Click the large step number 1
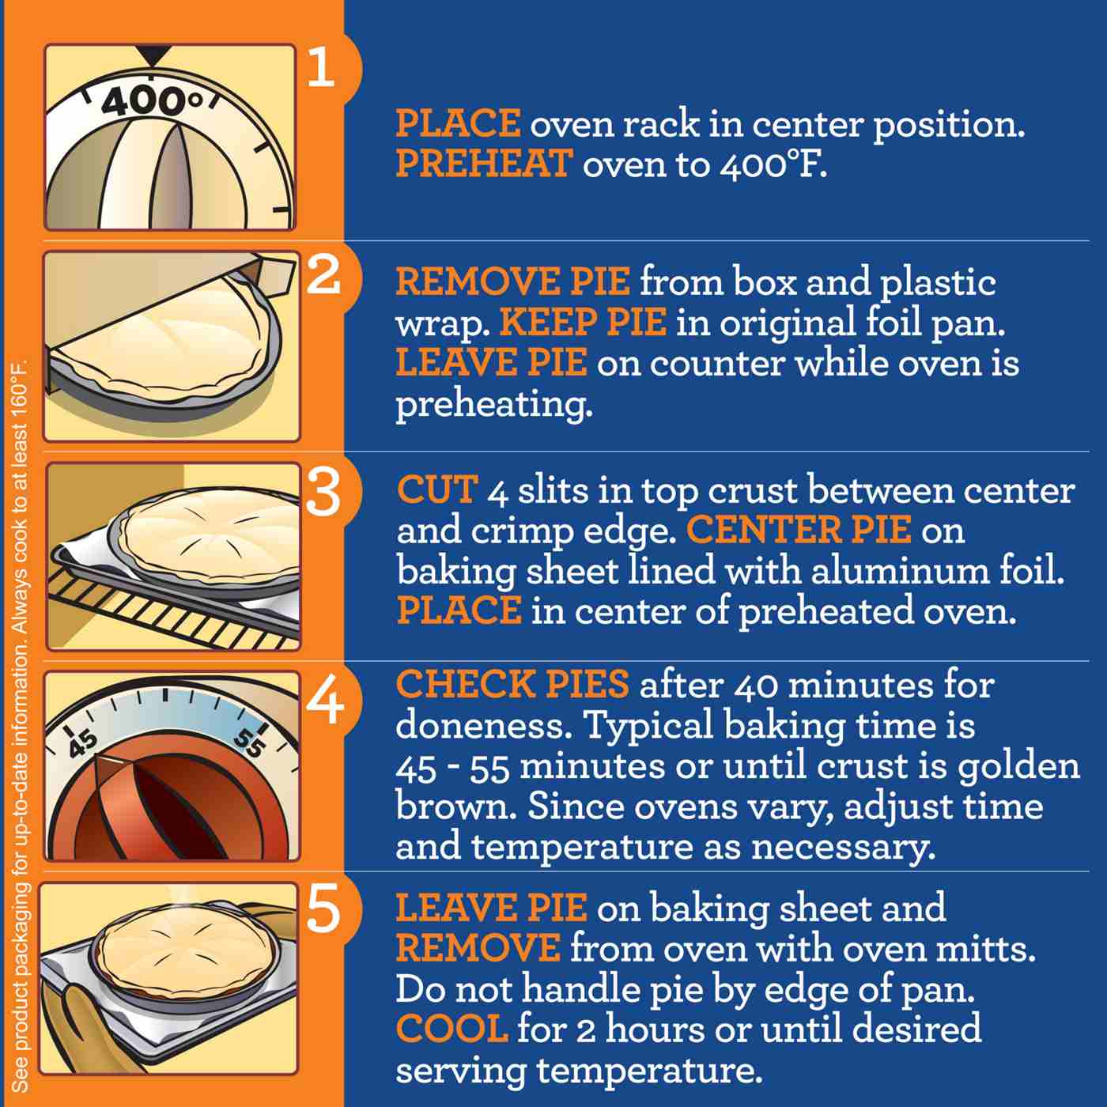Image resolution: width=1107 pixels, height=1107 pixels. point(321,68)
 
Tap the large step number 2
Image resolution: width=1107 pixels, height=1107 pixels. point(322,274)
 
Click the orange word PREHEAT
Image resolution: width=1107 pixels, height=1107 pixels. point(483,164)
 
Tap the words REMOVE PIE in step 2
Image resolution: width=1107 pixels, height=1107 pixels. point(512,282)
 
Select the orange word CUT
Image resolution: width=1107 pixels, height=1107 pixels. point(437,490)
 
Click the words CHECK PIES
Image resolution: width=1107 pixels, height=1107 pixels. point(512,685)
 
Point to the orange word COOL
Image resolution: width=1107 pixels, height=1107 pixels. point(451,1029)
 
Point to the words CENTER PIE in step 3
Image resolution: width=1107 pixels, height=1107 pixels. point(799,531)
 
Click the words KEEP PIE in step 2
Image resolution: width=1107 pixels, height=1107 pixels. point(583,323)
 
